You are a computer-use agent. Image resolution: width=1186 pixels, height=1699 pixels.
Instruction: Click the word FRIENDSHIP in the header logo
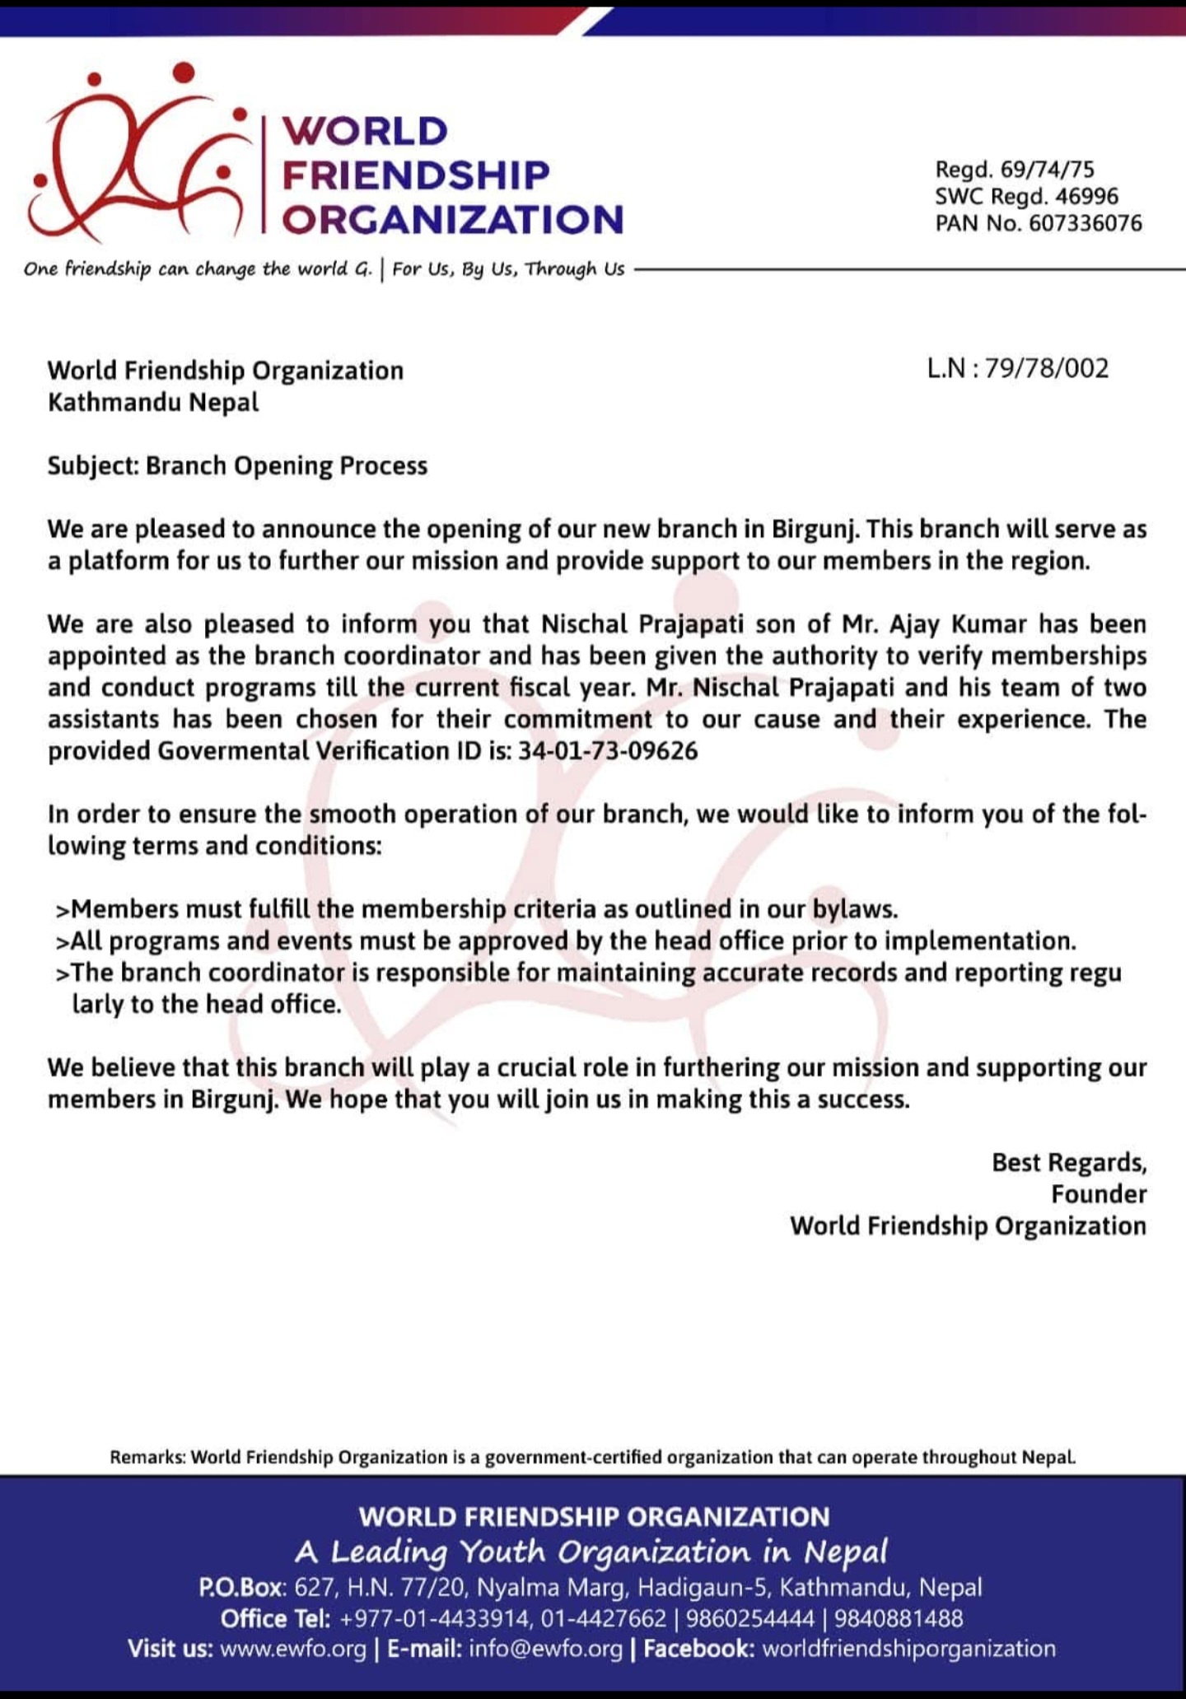pyautogui.click(x=415, y=175)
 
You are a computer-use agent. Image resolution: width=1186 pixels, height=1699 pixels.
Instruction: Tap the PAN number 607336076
pyautogui.click(x=1086, y=223)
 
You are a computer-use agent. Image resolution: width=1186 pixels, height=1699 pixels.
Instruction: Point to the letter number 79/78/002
pyautogui.click(x=1047, y=368)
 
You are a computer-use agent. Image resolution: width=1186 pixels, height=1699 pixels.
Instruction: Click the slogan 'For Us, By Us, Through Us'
pyautogui.click(x=508, y=269)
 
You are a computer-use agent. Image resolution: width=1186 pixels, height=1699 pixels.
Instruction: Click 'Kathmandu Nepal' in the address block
pyautogui.click(x=153, y=403)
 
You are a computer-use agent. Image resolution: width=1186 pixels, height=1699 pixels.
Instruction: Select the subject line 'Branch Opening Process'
pyautogui.click(x=287, y=466)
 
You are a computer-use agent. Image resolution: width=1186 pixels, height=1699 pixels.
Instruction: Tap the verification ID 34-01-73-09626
pyautogui.click(x=608, y=751)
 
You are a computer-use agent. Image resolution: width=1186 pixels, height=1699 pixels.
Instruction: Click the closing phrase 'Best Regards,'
pyautogui.click(x=1068, y=1162)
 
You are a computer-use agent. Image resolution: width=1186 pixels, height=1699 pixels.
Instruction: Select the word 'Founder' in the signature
pyautogui.click(x=1099, y=1194)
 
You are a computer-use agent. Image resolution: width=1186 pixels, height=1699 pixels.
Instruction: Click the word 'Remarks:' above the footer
pyautogui.click(x=147, y=1457)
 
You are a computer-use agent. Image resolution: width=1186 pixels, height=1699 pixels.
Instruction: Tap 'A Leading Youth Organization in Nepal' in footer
pyautogui.click(x=591, y=1552)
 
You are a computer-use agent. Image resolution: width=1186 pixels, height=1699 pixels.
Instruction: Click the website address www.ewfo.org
pyautogui.click(x=293, y=1649)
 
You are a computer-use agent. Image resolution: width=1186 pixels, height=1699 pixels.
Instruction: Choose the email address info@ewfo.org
pyautogui.click(x=545, y=1649)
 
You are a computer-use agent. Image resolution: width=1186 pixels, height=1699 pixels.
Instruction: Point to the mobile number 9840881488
pyautogui.click(x=899, y=1618)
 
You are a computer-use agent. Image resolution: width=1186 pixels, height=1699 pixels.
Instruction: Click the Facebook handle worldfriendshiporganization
pyautogui.click(x=909, y=1649)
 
